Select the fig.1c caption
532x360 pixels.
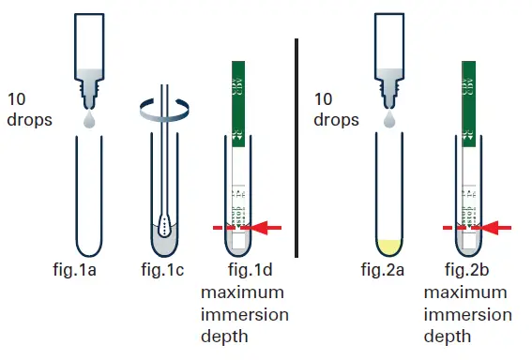165,272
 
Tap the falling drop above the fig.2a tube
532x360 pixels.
388,122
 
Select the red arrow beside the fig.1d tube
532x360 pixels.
268,226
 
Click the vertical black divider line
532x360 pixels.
297,146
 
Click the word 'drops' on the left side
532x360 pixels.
30,120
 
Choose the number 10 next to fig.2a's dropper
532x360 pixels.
324,98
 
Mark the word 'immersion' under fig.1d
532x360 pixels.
245,313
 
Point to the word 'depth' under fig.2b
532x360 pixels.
448,335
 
